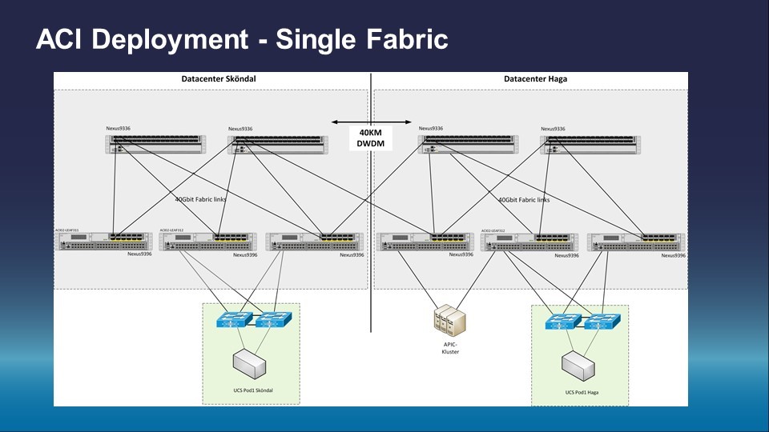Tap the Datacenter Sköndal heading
pos(212,79)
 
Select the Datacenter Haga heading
pos(536,79)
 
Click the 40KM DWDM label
pos(372,138)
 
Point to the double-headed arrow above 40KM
pos(372,123)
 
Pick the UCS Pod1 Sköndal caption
pos(252,390)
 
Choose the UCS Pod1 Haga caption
pos(582,392)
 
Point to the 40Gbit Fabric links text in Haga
pos(524,200)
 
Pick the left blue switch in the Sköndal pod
pos(235,318)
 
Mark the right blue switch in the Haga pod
pos(602,322)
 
